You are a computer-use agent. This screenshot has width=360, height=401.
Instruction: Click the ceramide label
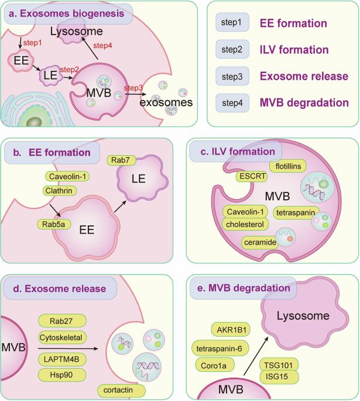(x=259, y=241)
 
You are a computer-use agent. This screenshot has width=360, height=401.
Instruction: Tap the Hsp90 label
(x=62, y=373)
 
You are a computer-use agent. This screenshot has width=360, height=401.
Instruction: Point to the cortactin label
(x=121, y=389)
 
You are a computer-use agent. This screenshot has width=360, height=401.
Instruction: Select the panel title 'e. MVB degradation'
(x=244, y=288)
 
